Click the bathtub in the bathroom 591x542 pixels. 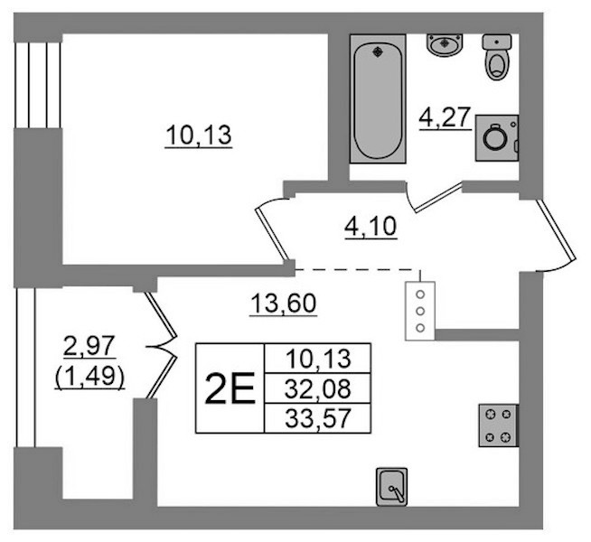(x=378, y=98)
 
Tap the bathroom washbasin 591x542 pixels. (x=445, y=45)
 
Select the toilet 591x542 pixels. (x=497, y=57)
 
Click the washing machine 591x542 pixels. (x=497, y=138)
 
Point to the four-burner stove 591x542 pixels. (x=499, y=425)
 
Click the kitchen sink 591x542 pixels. (x=392, y=487)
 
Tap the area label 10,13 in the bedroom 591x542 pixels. (x=198, y=135)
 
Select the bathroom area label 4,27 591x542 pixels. (x=446, y=117)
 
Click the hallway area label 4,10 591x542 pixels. (x=371, y=227)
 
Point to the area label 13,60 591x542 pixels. (x=284, y=304)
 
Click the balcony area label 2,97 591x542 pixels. (x=89, y=346)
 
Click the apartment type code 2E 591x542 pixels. (x=230, y=388)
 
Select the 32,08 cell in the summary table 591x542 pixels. (x=318, y=388)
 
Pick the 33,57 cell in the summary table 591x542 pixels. (x=318, y=418)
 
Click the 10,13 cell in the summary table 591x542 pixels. (x=318, y=359)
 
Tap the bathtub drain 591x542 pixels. (x=378, y=52)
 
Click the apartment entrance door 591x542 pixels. (x=557, y=229)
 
